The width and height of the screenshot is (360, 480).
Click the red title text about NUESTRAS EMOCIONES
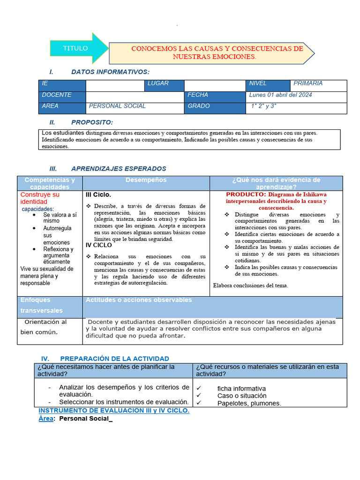pyautogui.click(x=217, y=52)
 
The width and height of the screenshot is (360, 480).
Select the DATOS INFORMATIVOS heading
pyautogui.click(x=110, y=72)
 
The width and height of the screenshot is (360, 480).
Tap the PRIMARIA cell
pyautogui.click(x=308, y=83)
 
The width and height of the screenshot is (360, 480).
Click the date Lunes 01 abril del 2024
pyautogui.click(x=281, y=95)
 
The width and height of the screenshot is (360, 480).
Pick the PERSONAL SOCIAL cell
pyautogui.click(x=117, y=106)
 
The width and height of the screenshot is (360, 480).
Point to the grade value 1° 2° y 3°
pyautogui.click(x=264, y=106)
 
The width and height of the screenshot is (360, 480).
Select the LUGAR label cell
pyautogui.click(x=158, y=83)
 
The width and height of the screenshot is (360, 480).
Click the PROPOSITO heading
pyautogui.click(x=92, y=122)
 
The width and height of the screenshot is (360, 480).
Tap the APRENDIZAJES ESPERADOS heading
pyautogui.click(x=118, y=169)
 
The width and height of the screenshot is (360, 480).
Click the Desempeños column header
pyautogui.click(x=146, y=180)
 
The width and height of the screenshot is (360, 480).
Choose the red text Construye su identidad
pyautogui.click(x=40, y=198)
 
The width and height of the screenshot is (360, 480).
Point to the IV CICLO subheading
pyautogui.click(x=98, y=245)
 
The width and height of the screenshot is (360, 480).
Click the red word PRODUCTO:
pyautogui.click(x=246, y=194)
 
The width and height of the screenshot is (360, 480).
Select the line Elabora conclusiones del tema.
pyautogui.click(x=250, y=285)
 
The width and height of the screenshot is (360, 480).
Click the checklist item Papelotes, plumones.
pyautogui.click(x=249, y=403)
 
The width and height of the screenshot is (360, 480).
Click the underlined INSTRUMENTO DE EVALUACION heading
pyautogui.click(x=114, y=410)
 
